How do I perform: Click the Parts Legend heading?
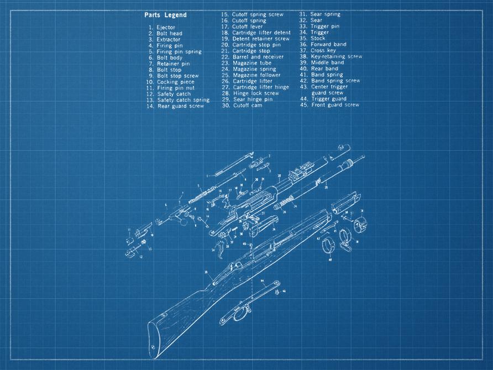[165, 15]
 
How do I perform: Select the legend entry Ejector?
[165, 27]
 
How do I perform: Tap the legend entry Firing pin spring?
[179, 51]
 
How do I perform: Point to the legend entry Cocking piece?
[175, 82]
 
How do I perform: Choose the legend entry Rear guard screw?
[180, 106]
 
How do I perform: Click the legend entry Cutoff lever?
[247, 27]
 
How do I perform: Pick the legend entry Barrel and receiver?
[258, 56]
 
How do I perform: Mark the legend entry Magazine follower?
[256, 75]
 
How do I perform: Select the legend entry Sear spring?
[325, 14]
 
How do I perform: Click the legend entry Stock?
[318, 39]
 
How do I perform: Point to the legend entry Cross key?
[323, 50]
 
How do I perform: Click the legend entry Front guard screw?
[335, 105]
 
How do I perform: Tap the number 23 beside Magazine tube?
[225, 62]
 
